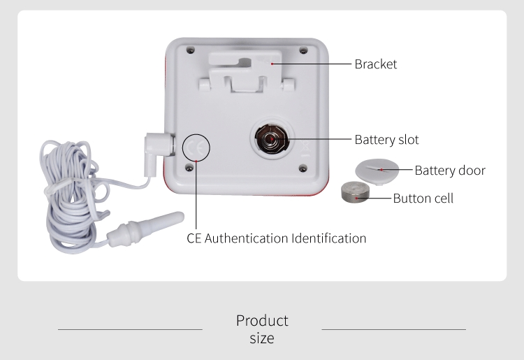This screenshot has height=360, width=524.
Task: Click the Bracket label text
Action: point(375,64)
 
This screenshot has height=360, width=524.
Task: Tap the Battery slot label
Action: point(386,140)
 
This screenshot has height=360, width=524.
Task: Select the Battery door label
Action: point(449,171)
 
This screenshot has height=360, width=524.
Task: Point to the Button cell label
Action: point(423,199)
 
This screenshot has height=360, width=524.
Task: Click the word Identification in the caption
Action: point(328,238)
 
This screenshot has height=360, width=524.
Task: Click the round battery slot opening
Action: point(270,139)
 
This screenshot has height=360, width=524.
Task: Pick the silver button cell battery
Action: point(356,194)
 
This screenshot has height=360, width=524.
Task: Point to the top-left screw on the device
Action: point(190,50)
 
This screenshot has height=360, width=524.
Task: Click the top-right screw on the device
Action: point(303,50)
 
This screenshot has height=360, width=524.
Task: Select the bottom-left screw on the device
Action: point(190,167)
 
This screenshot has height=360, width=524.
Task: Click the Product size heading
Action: point(262,329)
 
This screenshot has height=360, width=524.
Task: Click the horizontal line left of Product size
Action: point(130,329)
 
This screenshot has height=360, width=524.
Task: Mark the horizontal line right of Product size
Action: point(393,329)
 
